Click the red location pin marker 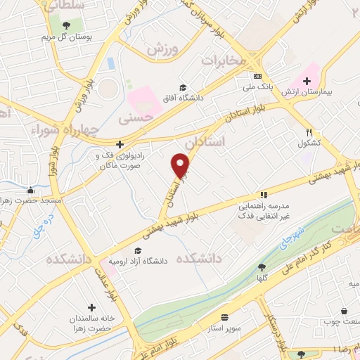181,166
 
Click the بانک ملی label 258,86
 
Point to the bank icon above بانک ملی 258,76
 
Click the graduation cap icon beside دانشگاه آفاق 183,87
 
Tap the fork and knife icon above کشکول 309,132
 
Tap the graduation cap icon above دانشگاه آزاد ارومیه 138,251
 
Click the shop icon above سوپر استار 224,317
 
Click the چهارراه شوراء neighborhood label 60,130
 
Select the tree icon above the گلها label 262,267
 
